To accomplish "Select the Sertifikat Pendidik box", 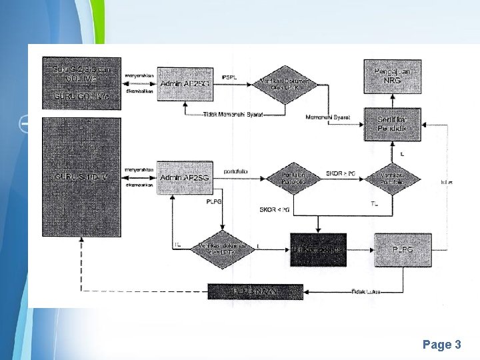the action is pos(392,123).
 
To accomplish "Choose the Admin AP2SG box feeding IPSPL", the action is pos(185,84).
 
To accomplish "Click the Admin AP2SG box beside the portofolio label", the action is pos(185,177).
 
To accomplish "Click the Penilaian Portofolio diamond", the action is pos(294,177).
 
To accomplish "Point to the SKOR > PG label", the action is pos(341,173).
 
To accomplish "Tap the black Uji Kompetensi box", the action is pos(318,249).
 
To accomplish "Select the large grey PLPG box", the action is pos(403,249).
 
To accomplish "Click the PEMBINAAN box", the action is pos(255,291).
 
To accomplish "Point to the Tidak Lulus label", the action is pos(365,291).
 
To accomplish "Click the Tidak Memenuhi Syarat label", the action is pos(233,115).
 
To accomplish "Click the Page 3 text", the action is pos(441,345).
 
